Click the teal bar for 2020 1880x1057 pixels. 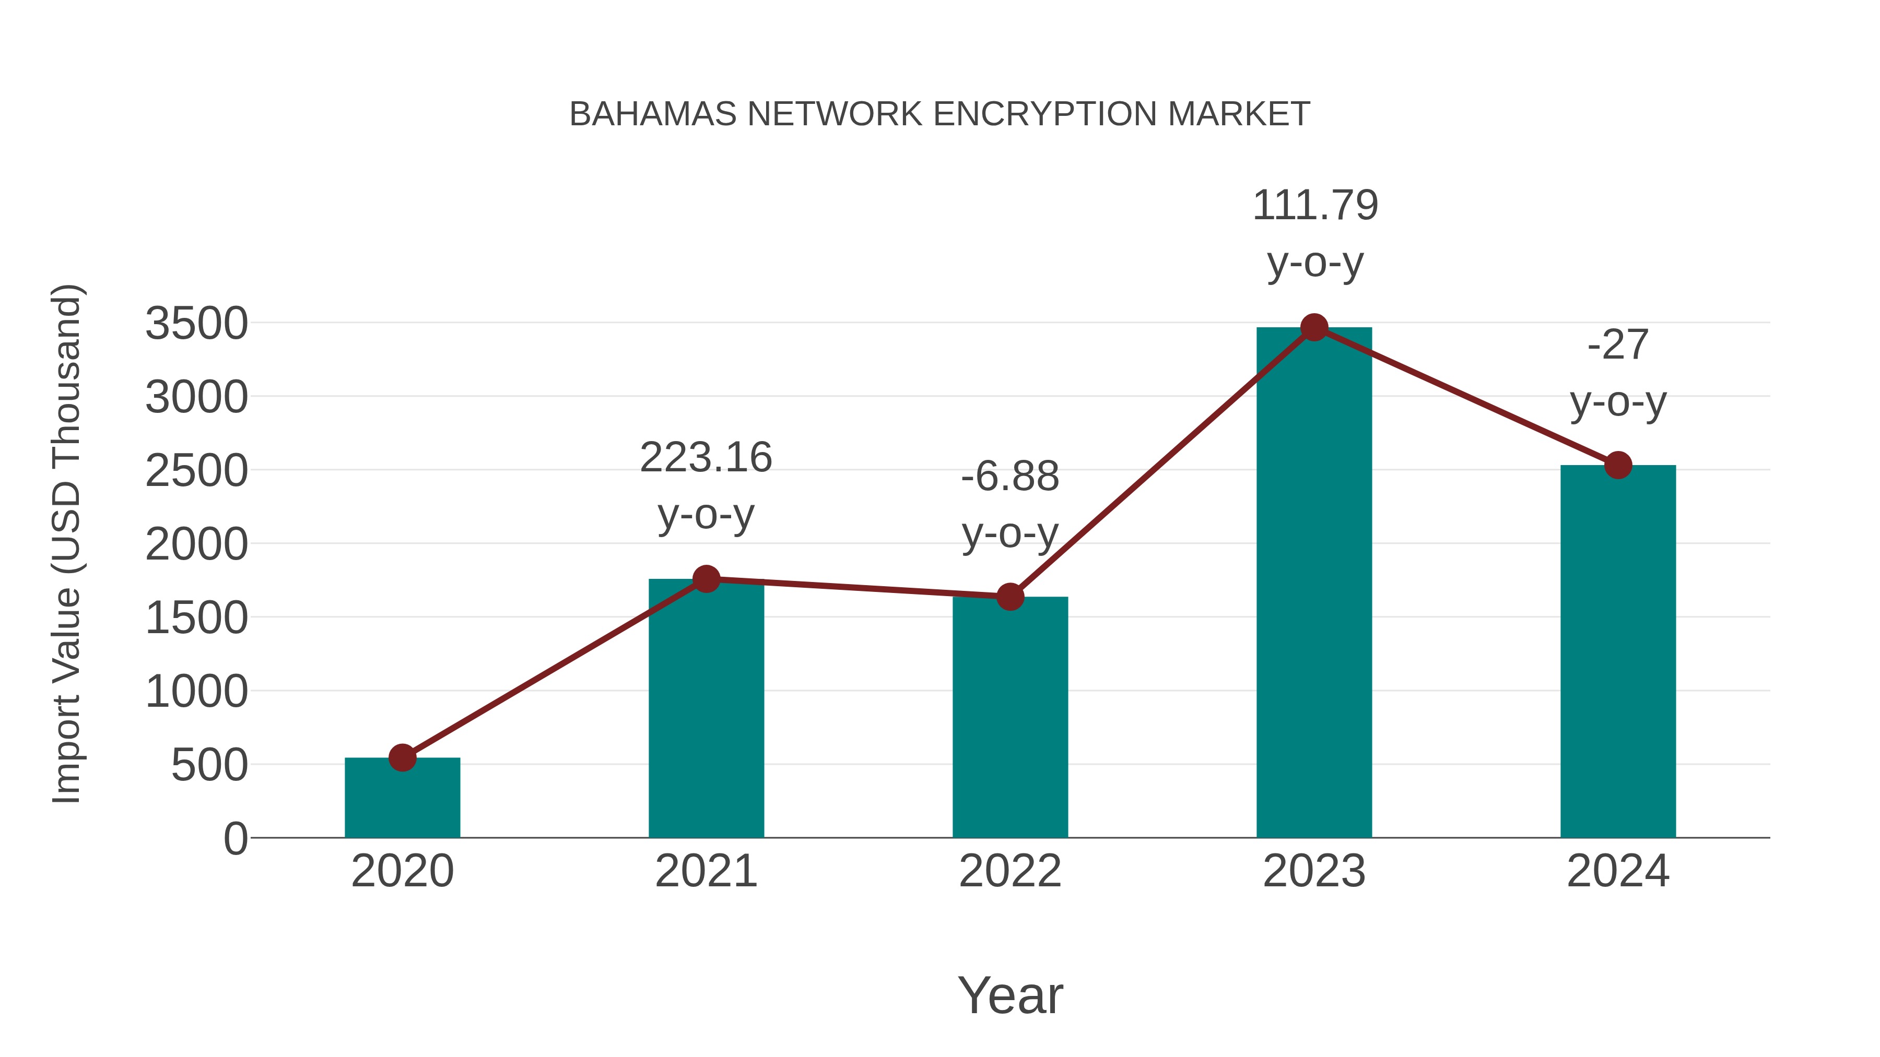(402, 798)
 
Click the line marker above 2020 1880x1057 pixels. (402, 758)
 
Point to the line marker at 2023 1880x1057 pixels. (1314, 327)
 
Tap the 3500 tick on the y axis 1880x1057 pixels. (196, 323)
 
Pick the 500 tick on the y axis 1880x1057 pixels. (209, 765)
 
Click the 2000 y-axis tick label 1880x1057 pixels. (196, 544)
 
